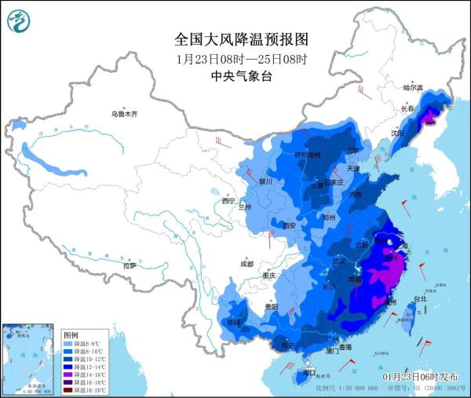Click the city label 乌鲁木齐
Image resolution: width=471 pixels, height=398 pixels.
click(x=123, y=114)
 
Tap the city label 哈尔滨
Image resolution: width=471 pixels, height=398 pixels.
click(x=412, y=87)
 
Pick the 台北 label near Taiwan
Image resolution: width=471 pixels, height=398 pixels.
click(x=420, y=298)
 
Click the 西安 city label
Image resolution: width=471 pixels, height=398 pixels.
click(x=288, y=226)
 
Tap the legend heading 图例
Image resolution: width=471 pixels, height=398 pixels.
click(x=71, y=334)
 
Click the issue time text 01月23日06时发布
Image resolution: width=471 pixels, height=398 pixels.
click(x=422, y=378)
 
